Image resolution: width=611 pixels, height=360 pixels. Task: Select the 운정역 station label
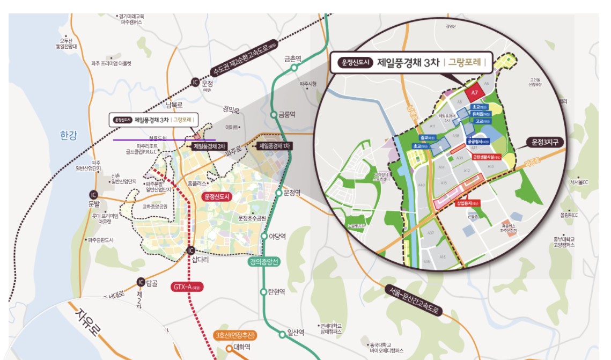[293, 193]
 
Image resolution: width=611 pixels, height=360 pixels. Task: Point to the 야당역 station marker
[264, 236]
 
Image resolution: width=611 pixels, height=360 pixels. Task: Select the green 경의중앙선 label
[264, 262]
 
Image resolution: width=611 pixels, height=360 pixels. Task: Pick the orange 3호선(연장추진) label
[235, 336]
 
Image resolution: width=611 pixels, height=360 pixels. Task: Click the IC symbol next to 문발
[94, 194]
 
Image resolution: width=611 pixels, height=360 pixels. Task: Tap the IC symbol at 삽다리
[191, 250]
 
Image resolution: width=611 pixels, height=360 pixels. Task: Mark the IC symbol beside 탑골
[141, 282]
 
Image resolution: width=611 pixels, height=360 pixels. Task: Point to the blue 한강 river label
[69, 136]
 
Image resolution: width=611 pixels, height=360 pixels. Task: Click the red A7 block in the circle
[474, 93]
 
